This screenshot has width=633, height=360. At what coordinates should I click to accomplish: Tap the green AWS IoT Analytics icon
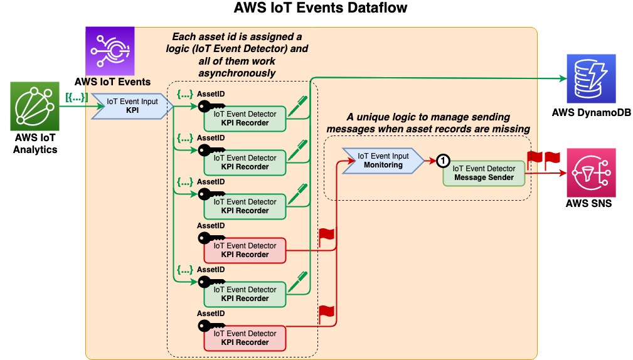click(35, 105)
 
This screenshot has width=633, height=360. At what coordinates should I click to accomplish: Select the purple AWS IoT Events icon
click(110, 51)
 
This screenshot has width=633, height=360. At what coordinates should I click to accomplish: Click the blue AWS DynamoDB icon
click(590, 78)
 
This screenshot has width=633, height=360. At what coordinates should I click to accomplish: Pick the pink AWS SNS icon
click(590, 173)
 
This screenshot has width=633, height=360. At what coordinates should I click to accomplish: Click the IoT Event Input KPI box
click(132, 105)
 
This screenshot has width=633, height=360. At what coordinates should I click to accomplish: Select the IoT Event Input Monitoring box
click(383, 161)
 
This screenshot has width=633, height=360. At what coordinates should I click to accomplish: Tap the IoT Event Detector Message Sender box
click(484, 172)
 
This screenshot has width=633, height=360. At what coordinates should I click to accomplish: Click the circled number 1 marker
click(443, 161)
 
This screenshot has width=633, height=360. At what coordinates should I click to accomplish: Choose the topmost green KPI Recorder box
click(245, 119)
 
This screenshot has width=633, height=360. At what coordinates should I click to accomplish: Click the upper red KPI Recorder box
click(245, 250)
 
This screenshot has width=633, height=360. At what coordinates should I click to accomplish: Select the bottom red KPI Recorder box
click(245, 338)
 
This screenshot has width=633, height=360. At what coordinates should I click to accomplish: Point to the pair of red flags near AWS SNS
click(543, 160)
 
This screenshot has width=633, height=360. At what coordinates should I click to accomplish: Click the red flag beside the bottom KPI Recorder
click(327, 313)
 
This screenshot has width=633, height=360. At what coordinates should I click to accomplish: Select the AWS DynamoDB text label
click(590, 112)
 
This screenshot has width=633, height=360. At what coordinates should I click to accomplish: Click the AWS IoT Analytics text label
click(35, 144)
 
